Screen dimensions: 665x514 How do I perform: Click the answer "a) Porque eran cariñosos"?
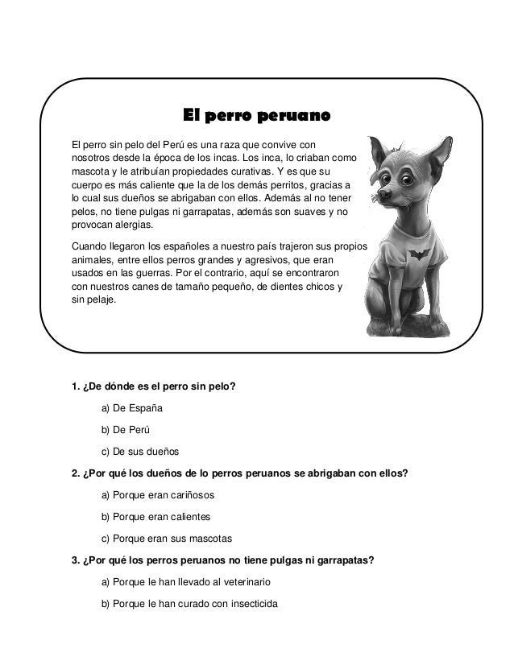click(158, 494)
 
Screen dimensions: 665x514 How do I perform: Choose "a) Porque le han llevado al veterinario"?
click(186, 580)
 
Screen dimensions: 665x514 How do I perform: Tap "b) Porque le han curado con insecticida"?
click(188, 601)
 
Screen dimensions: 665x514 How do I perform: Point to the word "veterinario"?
click(244, 580)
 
